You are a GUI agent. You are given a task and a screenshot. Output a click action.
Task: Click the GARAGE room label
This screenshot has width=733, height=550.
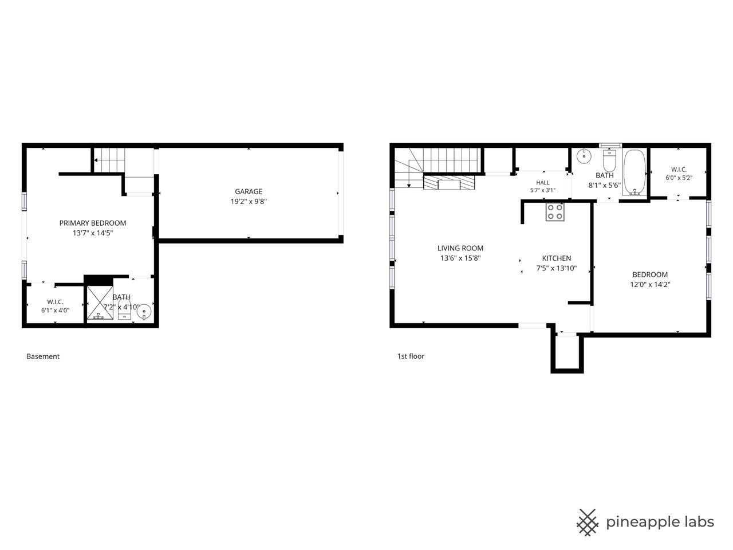click(249, 191)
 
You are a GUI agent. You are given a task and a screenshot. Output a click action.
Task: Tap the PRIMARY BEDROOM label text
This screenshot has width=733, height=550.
click(93, 223)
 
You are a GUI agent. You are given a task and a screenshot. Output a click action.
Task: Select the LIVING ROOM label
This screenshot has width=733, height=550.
click(460, 248)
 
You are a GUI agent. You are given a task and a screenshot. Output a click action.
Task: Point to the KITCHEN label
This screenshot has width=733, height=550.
click(557, 258)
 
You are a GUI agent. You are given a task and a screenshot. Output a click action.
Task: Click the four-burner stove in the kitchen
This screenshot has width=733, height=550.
click(555, 212)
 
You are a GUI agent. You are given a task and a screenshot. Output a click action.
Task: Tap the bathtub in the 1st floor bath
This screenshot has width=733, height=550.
click(635, 172)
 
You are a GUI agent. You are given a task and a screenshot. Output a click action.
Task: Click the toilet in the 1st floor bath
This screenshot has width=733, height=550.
click(609, 160)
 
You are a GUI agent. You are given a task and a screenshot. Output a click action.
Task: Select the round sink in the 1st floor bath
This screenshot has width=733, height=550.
click(584, 156)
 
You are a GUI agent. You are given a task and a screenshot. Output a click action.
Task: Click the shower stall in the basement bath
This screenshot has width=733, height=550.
click(100, 302)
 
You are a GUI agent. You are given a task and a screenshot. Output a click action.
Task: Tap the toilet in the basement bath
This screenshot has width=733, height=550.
click(124, 309)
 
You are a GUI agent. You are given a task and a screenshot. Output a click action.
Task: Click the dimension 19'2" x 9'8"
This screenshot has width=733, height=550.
click(249, 201)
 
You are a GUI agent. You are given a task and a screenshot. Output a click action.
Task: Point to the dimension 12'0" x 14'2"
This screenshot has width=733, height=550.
click(650, 285)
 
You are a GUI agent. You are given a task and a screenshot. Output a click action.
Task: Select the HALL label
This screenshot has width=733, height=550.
click(543, 183)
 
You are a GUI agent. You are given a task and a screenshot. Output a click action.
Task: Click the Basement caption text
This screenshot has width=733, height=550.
click(43, 356)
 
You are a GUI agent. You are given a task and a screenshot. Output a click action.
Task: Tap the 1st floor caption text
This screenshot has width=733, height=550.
click(411, 356)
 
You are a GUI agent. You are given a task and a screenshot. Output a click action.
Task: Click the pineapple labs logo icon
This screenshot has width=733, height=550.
click(587, 522)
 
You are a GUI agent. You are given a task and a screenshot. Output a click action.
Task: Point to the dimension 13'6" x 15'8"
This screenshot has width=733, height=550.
click(460, 258)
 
